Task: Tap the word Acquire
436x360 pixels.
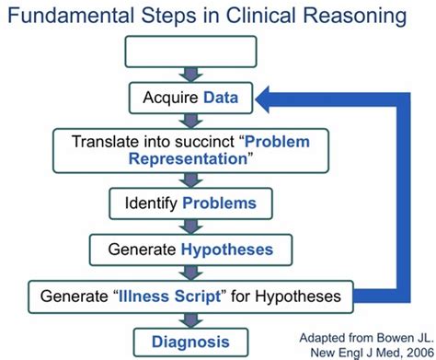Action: (172, 96)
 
